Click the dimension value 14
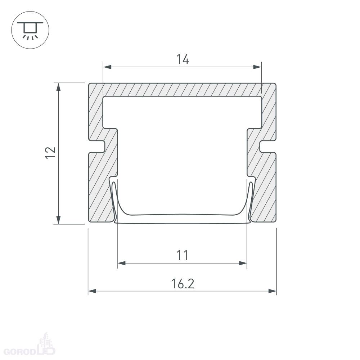click(183, 59)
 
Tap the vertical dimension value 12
click(50, 152)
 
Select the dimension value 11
click(182, 255)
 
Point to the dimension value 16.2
click(183, 284)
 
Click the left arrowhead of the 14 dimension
click(107, 67)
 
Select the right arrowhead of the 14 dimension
click(257, 67)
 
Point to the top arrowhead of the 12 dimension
click(59, 87)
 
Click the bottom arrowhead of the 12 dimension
click(59, 220)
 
